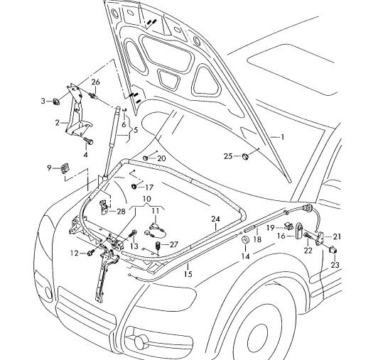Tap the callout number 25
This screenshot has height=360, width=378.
(x=228, y=156)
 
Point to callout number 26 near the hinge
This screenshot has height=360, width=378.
(x=96, y=83)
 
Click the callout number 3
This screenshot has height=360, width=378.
(x=43, y=100)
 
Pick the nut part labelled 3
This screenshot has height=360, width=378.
(x=55, y=101)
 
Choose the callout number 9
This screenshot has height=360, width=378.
(x=50, y=168)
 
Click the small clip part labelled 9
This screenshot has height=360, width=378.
(x=64, y=168)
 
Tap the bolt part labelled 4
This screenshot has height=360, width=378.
(x=87, y=140)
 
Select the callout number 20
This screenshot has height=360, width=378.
(x=161, y=158)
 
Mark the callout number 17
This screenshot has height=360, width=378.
(x=149, y=187)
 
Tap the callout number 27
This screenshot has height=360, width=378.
(x=174, y=244)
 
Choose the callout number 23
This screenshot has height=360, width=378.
(x=335, y=265)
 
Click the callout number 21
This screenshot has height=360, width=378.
(x=337, y=236)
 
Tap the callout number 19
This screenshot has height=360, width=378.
(x=271, y=227)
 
